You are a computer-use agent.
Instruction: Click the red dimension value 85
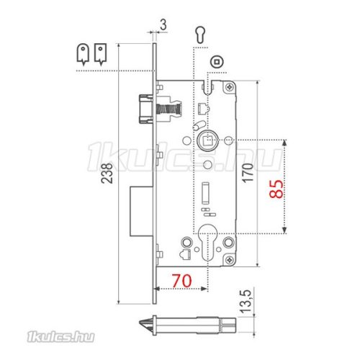pos(276,189)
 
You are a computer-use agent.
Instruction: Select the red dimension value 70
pos(182,280)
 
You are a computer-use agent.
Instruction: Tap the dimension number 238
pos(107,173)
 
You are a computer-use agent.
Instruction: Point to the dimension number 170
pos(248,173)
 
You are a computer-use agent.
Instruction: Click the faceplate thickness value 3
pos(163,25)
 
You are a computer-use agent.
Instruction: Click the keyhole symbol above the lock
pos(200,35)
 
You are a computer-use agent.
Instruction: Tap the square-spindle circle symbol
pos(217,62)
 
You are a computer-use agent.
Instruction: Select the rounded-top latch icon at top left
pos(83,55)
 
